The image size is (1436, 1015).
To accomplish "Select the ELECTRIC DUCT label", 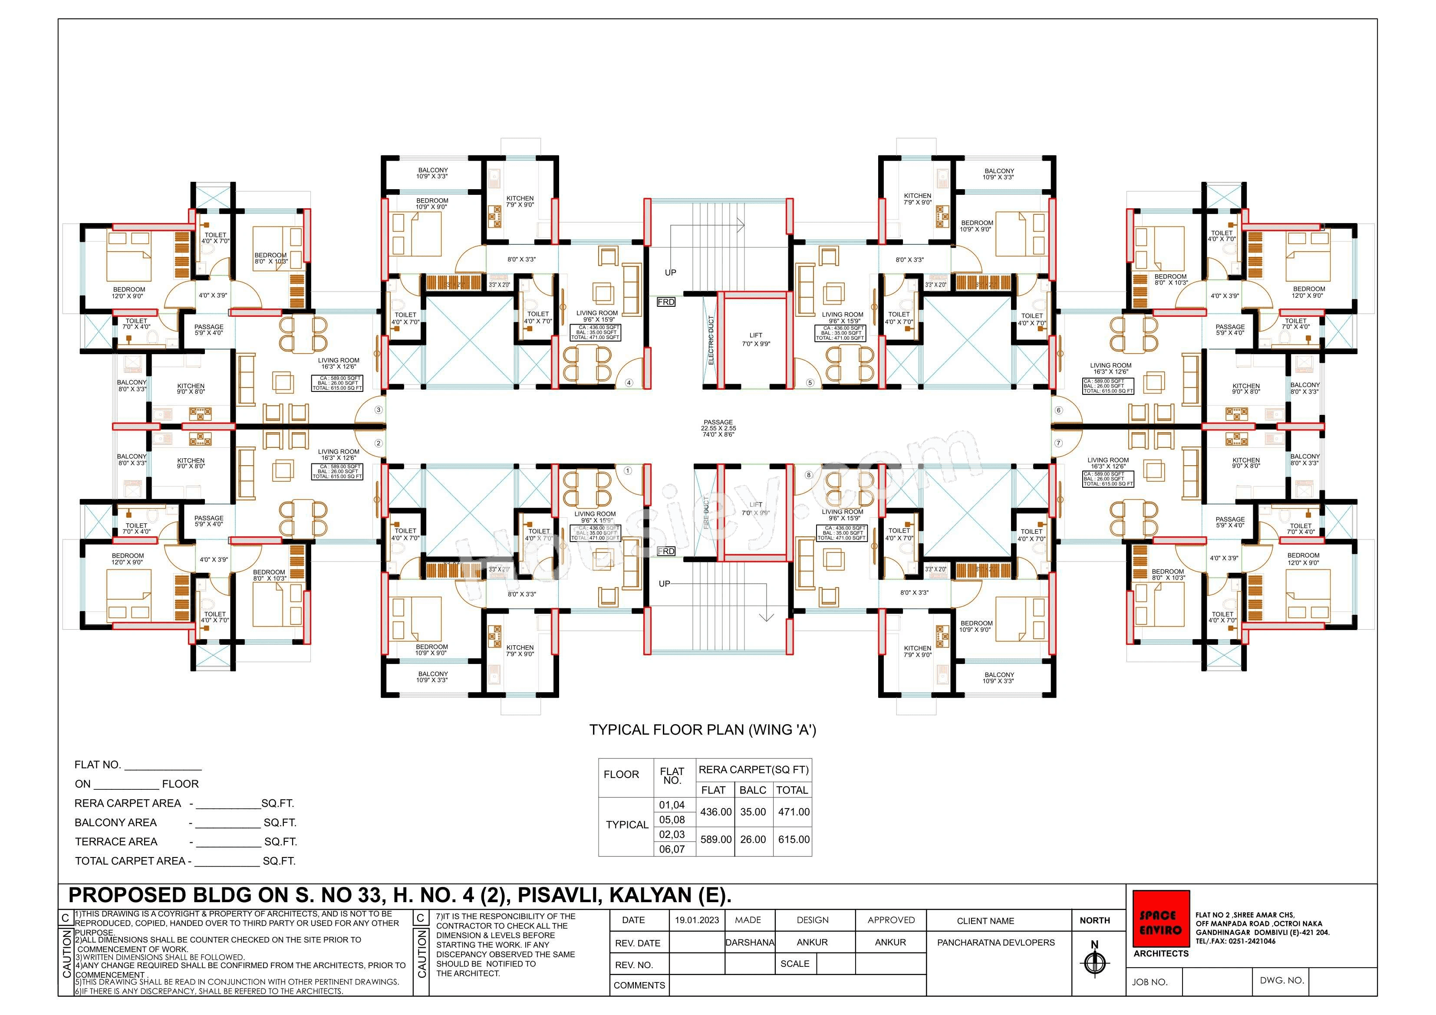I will (x=711, y=340).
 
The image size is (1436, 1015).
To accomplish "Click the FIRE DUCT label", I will (x=707, y=513).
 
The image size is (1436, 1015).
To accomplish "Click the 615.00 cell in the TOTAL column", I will (x=794, y=839).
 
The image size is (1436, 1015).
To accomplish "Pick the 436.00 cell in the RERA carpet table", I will (x=715, y=812).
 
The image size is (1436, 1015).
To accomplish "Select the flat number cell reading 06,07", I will (x=672, y=849).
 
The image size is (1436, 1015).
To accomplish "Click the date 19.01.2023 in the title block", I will (x=697, y=920).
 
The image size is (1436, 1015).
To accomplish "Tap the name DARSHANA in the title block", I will (x=749, y=943).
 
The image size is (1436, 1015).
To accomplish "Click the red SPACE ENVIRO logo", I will (x=1161, y=919).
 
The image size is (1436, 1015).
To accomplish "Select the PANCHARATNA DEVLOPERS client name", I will (x=996, y=943).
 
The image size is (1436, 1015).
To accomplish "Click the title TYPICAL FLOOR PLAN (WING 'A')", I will (x=702, y=730).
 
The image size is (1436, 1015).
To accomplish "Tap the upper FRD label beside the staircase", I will (x=666, y=302).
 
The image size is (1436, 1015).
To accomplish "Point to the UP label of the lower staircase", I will (x=664, y=584).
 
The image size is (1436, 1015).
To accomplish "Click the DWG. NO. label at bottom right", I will (x=1281, y=980).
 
